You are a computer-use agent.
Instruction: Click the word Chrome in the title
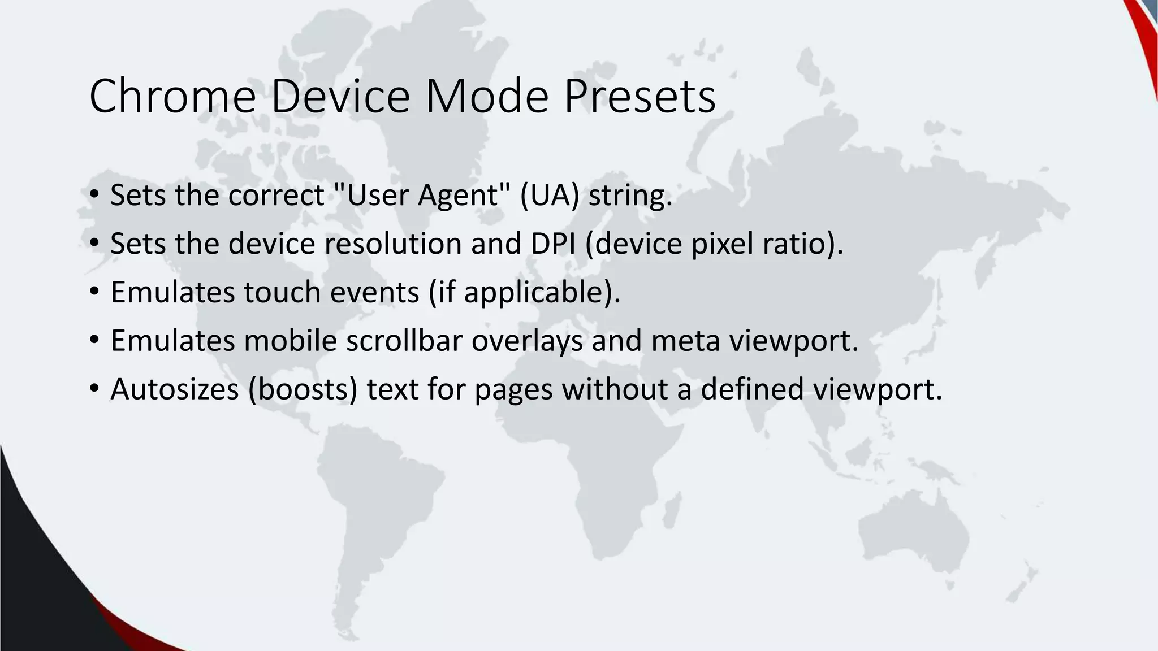[172, 96]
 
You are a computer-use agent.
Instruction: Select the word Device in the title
[340, 96]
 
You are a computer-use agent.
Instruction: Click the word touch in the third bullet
[282, 292]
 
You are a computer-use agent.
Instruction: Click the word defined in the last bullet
[752, 389]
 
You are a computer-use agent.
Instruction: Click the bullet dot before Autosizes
[94, 389]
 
